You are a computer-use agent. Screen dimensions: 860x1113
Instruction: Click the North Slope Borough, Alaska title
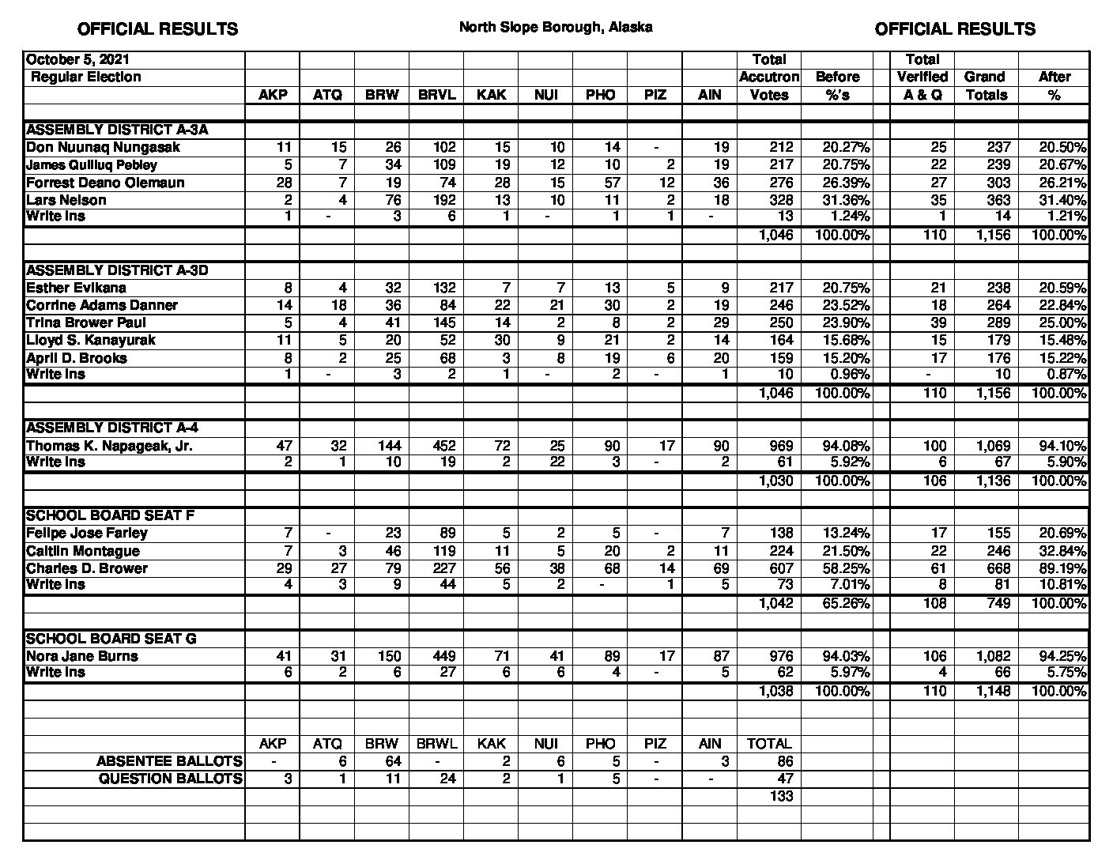click(x=556, y=27)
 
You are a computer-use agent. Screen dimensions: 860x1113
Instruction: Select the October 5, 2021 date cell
click(x=77, y=60)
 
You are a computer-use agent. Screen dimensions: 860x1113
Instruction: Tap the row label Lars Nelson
click(x=66, y=200)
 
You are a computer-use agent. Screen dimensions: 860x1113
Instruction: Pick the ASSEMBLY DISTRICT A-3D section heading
click(x=117, y=270)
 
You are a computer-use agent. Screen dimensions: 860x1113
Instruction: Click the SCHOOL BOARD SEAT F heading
click(x=111, y=515)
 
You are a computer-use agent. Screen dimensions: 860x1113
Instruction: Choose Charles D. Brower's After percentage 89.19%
click(x=1062, y=568)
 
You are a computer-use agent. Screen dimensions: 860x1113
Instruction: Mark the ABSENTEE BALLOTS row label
click(x=169, y=761)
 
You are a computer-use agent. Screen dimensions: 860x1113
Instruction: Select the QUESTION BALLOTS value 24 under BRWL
click(x=447, y=779)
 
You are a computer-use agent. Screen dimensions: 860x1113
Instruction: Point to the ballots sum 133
click(x=780, y=796)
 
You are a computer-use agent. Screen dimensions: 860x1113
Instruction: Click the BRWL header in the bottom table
click(x=437, y=744)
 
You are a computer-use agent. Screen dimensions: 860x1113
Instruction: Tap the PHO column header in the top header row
click(x=601, y=95)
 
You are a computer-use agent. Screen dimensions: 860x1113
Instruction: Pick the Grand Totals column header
click(x=985, y=85)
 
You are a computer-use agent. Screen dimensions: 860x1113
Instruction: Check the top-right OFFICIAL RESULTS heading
click(x=955, y=29)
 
